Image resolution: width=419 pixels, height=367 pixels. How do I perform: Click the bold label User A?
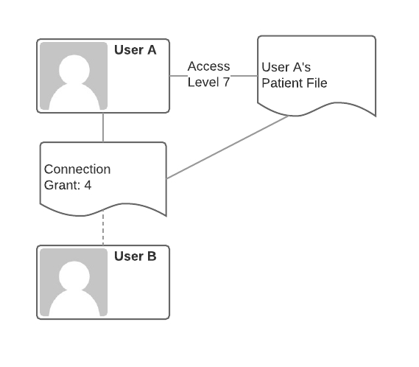coord(135,50)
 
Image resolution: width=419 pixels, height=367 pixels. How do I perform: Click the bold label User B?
coord(135,256)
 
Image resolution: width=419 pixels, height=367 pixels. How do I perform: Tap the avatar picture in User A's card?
coord(74,76)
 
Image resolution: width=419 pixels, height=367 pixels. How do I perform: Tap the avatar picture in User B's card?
coord(74,282)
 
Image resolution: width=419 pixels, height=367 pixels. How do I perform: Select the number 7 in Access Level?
coord(226,82)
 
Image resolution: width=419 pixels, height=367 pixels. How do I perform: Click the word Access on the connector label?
coord(208,66)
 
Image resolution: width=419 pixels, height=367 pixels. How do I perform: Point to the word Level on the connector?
coord(204,82)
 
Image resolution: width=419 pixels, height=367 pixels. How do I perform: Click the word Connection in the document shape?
coord(77,169)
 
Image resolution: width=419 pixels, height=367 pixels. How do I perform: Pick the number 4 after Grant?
coord(88,185)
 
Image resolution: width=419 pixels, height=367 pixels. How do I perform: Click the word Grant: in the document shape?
coord(63,185)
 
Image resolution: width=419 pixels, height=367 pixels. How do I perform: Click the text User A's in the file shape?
coord(286,67)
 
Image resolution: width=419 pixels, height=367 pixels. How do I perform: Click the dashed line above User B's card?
coord(103,228)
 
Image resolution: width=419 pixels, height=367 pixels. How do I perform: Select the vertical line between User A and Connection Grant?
coord(103,127)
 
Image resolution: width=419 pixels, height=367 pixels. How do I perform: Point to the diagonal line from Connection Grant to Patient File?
coord(228,147)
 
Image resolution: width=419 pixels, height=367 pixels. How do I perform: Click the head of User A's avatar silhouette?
coord(74,69)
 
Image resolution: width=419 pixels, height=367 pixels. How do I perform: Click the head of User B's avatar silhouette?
coord(74,276)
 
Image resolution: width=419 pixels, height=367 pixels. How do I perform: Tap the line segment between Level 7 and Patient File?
coord(244,76)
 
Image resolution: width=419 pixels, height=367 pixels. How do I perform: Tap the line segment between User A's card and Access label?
coord(178,76)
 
